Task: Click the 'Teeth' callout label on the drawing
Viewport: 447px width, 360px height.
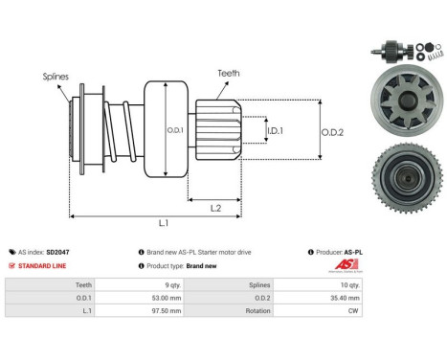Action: point(229,71)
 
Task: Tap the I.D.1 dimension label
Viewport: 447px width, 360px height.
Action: point(248,129)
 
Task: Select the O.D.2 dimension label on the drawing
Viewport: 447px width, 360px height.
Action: point(332,129)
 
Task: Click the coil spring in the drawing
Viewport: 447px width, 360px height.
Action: point(119,129)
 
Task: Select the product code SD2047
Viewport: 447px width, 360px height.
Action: point(57,252)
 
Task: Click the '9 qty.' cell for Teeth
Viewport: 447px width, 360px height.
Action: point(173,284)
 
